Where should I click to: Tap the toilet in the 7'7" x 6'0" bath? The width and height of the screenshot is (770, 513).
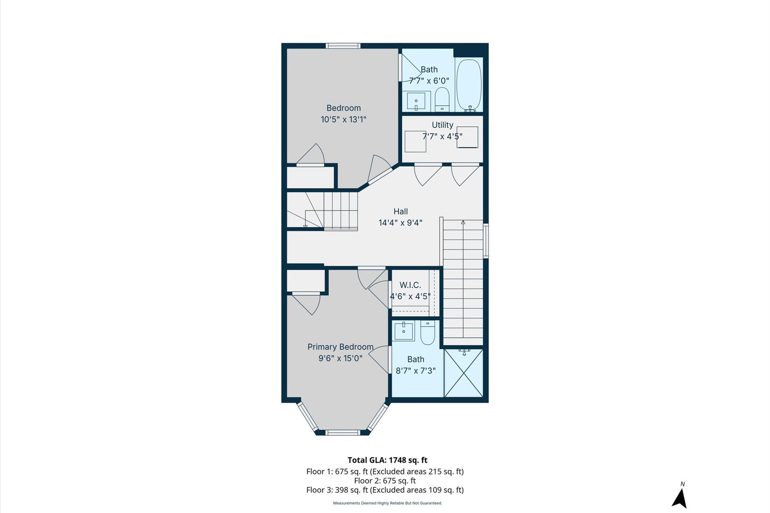(x=442, y=99)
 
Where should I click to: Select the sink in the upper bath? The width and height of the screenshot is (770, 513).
(x=417, y=101)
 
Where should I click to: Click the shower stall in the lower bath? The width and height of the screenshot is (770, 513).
(x=463, y=373)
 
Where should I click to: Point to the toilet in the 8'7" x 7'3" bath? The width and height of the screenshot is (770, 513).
(x=427, y=333)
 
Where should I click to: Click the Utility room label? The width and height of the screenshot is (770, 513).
(x=442, y=125)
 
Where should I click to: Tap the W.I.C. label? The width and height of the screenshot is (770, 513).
(x=410, y=285)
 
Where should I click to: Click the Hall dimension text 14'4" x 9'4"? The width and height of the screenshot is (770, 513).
(x=400, y=223)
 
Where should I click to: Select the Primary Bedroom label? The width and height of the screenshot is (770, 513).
(x=340, y=347)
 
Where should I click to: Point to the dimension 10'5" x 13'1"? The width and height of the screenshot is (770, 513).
(x=343, y=119)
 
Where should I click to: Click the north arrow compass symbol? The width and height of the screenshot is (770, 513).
(x=680, y=497)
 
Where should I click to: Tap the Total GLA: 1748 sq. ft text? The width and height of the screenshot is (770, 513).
(x=387, y=460)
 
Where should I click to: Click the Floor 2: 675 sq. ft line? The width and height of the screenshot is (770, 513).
(x=385, y=481)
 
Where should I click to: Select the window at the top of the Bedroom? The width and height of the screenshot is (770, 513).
(x=343, y=46)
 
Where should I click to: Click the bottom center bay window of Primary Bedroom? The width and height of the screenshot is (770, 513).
(x=343, y=432)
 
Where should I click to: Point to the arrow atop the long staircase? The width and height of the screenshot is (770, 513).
(x=463, y=222)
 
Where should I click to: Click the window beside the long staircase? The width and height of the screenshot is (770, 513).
(x=486, y=240)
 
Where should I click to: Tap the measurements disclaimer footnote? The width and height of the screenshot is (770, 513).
(x=387, y=503)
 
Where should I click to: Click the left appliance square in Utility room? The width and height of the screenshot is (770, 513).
(x=415, y=141)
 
